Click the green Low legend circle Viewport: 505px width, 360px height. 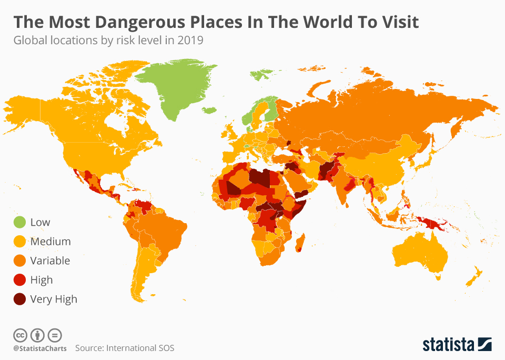point(19,222)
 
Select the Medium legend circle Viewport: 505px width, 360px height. point(19,242)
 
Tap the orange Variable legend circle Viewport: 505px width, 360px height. point(19,261)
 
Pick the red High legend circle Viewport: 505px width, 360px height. point(19,280)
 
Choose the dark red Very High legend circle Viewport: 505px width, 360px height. point(19,299)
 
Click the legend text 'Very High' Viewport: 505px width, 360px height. point(54,299)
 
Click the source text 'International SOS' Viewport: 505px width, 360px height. point(140,348)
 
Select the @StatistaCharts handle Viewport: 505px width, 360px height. point(40,348)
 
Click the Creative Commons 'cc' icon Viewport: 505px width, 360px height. point(20,335)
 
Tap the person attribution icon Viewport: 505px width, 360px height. point(37,335)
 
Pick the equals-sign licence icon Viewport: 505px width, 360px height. point(55,335)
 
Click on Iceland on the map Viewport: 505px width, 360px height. point(209,110)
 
